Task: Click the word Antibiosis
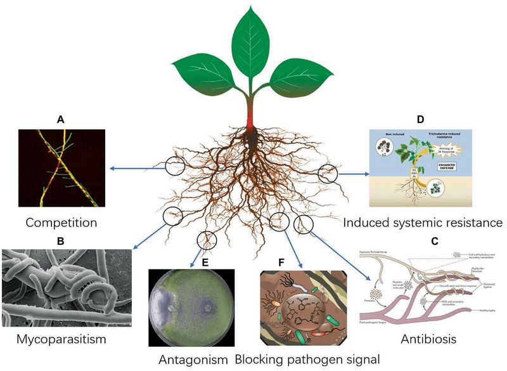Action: (x=428, y=339)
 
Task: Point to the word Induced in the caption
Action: (x=369, y=223)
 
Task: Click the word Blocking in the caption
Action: (x=260, y=360)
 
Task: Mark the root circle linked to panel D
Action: (x=329, y=172)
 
